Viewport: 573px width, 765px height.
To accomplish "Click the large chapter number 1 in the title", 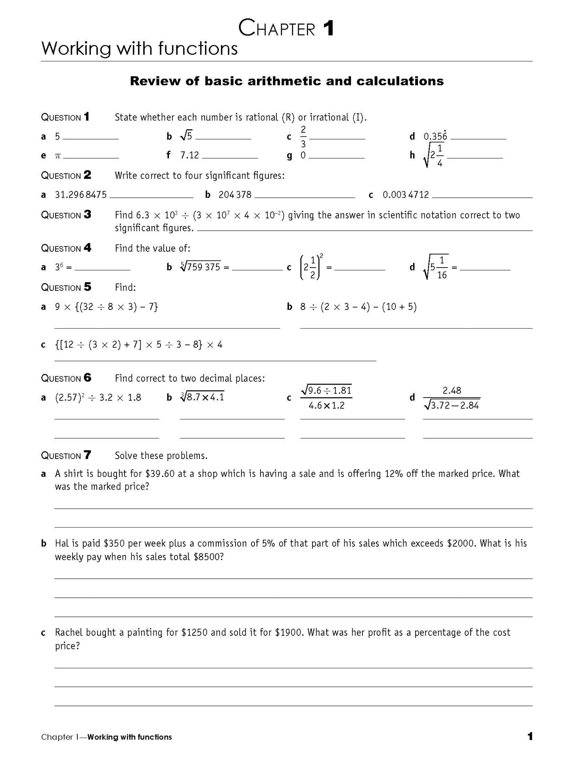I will pyautogui.click(x=328, y=29).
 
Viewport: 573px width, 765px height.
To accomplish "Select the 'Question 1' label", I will pyautogui.click(x=65, y=117).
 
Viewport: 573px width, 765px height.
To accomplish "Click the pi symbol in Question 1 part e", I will pyautogui.click(x=57, y=156).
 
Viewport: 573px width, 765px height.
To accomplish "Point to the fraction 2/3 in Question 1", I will pyautogui.click(x=303, y=137).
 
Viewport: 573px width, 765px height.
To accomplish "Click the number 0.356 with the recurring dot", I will pyautogui.click(x=435, y=136).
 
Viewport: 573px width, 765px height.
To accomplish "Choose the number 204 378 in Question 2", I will pyautogui.click(x=235, y=195).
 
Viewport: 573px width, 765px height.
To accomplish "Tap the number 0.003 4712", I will pyautogui.click(x=406, y=195).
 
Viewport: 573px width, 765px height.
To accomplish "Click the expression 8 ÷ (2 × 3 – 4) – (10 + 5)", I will pyautogui.click(x=358, y=307).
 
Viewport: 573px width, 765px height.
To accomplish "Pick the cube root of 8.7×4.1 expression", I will pyautogui.click(x=203, y=397).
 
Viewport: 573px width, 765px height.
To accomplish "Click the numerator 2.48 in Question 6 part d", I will pyautogui.click(x=452, y=390).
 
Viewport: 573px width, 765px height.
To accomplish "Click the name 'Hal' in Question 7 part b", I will pyautogui.click(x=62, y=543).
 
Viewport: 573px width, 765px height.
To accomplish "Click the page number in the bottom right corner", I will pyautogui.click(x=530, y=737).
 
